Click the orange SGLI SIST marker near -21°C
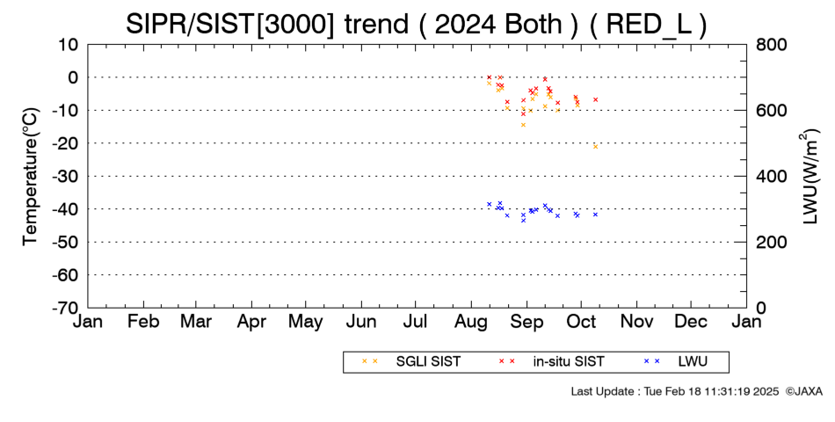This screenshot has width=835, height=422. (595, 147)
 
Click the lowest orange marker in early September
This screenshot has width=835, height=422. (523, 125)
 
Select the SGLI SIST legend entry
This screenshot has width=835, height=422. (410, 362)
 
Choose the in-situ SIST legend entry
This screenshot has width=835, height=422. (551, 362)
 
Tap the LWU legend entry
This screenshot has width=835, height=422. (676, 362)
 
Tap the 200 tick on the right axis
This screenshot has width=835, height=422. (771, 242)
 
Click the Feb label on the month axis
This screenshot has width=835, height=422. (143, 322)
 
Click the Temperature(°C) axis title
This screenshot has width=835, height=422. (31, 177)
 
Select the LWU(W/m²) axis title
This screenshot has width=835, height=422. (810, 177)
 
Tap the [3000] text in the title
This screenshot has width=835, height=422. (295, 25)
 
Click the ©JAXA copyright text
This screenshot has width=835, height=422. (803, 391)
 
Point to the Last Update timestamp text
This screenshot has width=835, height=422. (675, 391)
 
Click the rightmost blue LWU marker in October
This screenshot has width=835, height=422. (595, 215)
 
